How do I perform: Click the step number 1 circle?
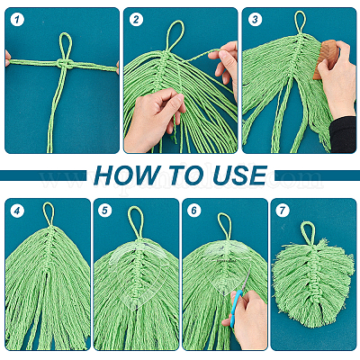17,20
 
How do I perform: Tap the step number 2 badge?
136,20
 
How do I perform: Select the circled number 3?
255,20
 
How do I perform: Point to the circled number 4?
17,211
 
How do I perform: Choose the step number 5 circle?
104,211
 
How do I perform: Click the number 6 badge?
193,211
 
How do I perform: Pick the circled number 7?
283,211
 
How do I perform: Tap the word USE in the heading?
240,175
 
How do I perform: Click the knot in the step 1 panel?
66,64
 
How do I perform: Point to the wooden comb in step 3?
325,59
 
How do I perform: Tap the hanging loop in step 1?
66,45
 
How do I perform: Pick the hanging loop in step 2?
175,35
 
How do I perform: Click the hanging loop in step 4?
48,214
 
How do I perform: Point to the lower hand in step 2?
152,120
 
